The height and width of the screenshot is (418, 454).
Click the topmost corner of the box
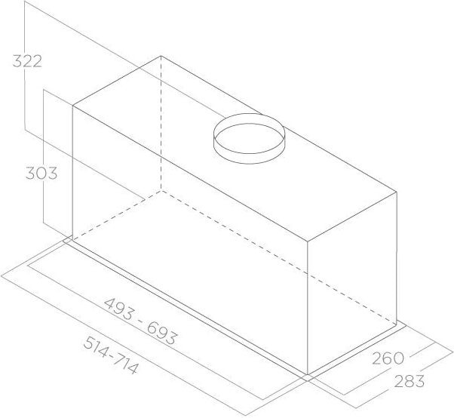click(x=161, y=55)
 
